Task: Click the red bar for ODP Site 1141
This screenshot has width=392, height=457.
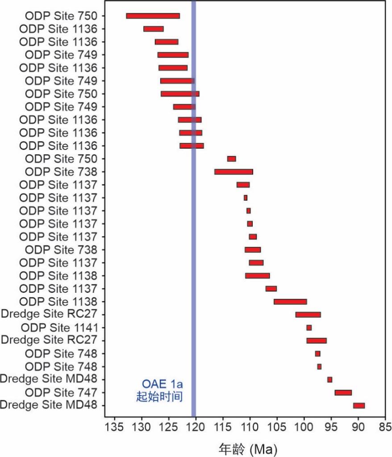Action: point(309,328)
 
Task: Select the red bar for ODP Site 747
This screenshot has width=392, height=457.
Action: point(343,392)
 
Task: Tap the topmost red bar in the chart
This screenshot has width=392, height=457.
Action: point(153,16)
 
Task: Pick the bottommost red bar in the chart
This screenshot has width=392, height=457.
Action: point(359,405)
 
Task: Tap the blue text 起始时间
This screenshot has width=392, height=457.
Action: point(159,396)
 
